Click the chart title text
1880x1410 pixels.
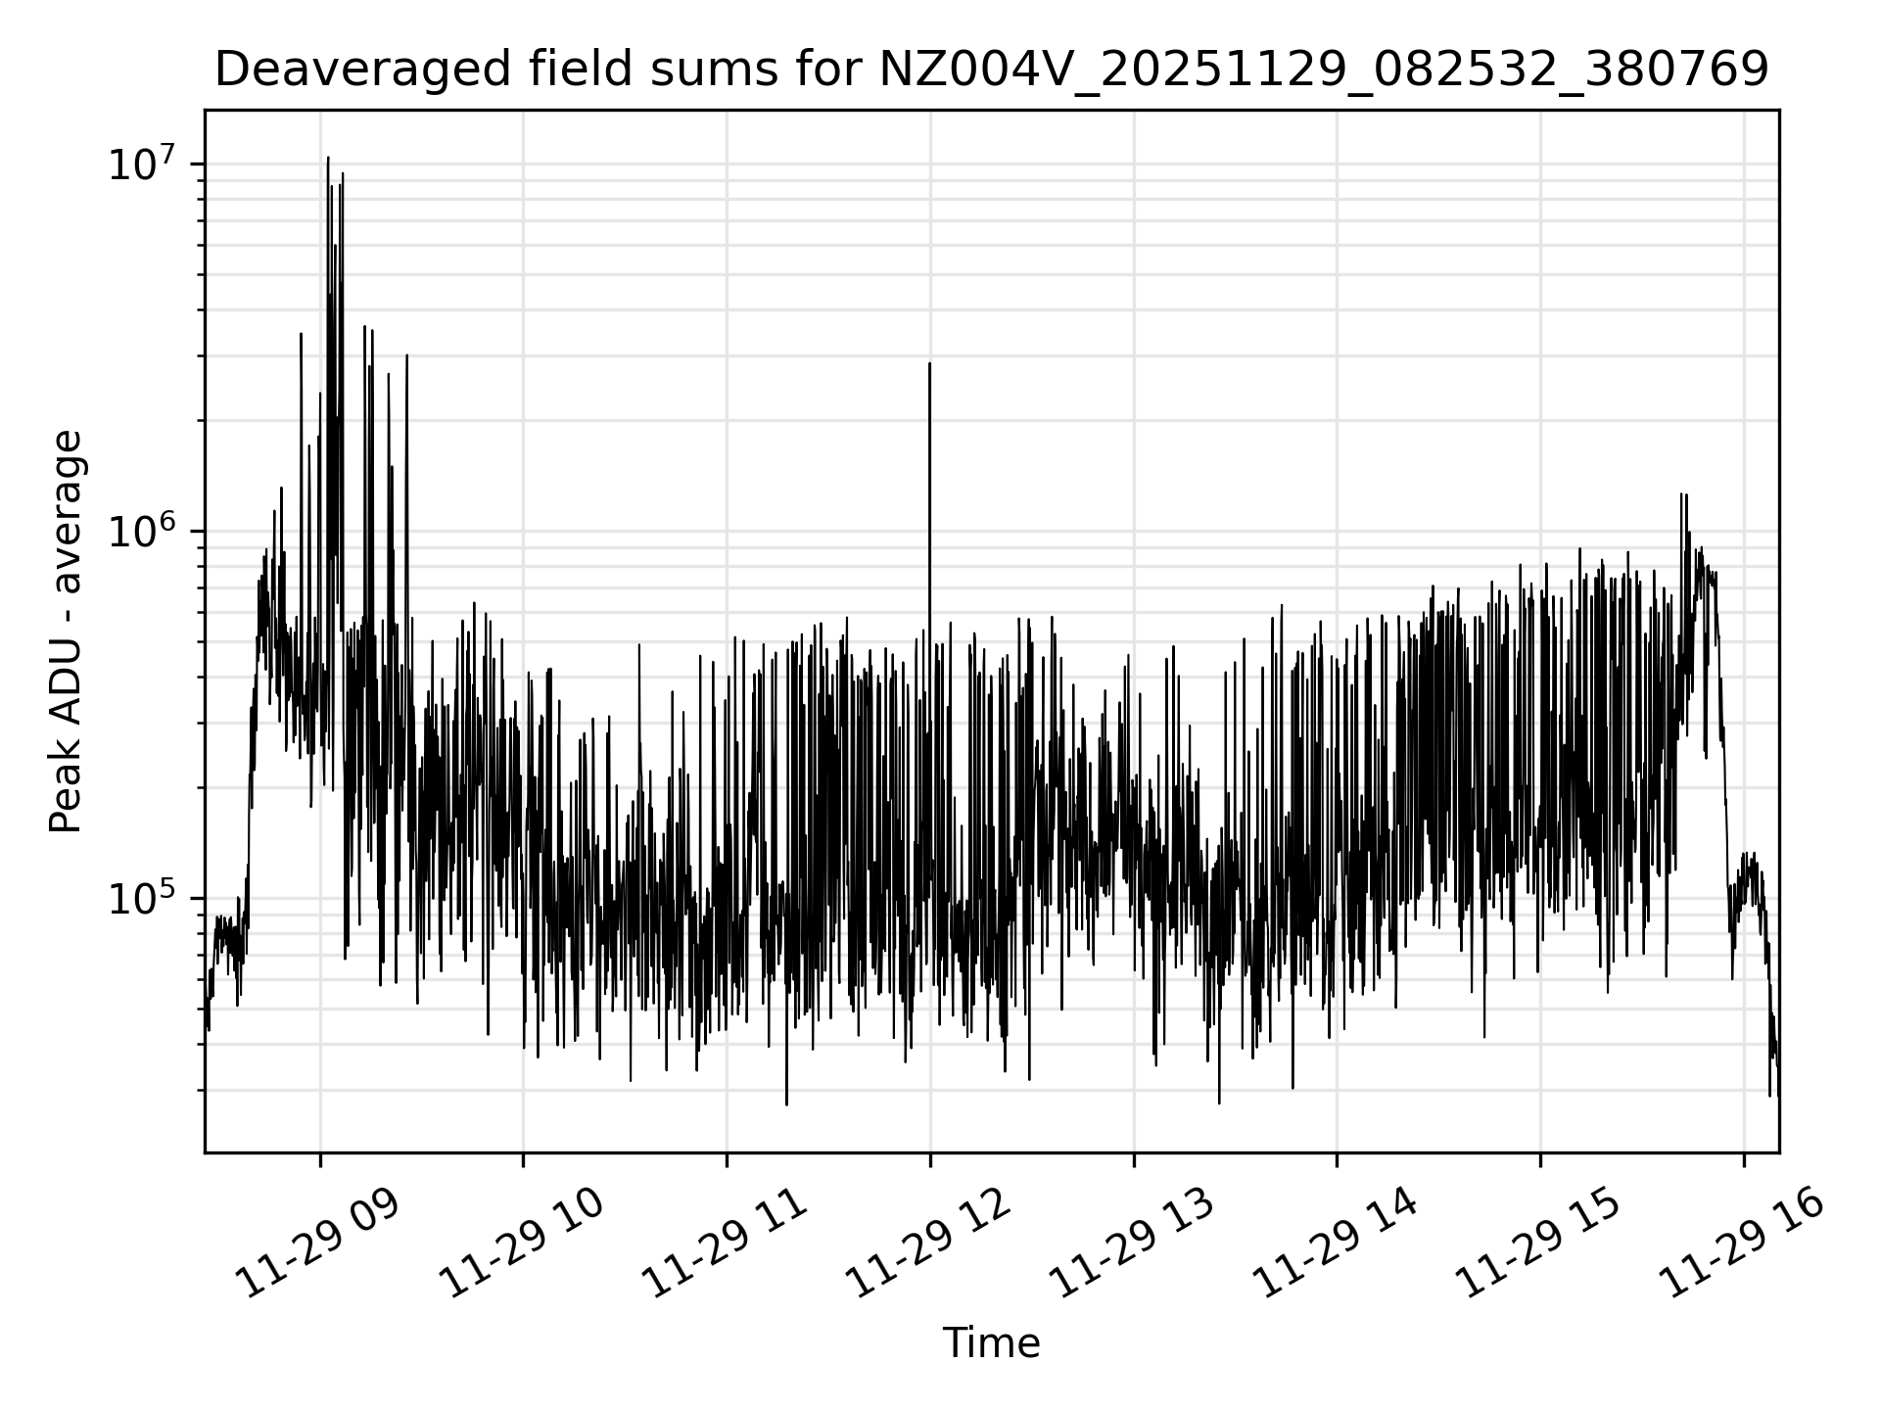[991, 70]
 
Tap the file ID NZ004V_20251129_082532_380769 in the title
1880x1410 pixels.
[1324, 70]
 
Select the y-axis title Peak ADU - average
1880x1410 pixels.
[67, 632]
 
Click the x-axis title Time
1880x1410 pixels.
[991, 1343]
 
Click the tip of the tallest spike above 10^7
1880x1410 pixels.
[328, 158]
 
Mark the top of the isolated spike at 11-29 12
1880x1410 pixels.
[930, 364]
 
